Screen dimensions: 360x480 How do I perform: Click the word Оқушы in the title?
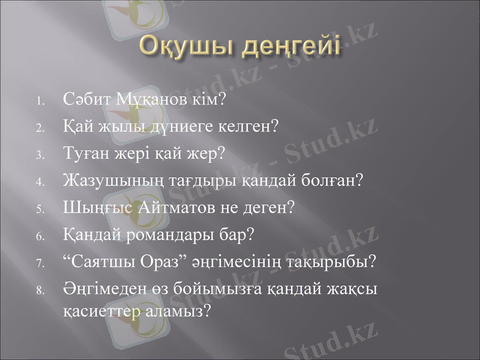tap(185, 48)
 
